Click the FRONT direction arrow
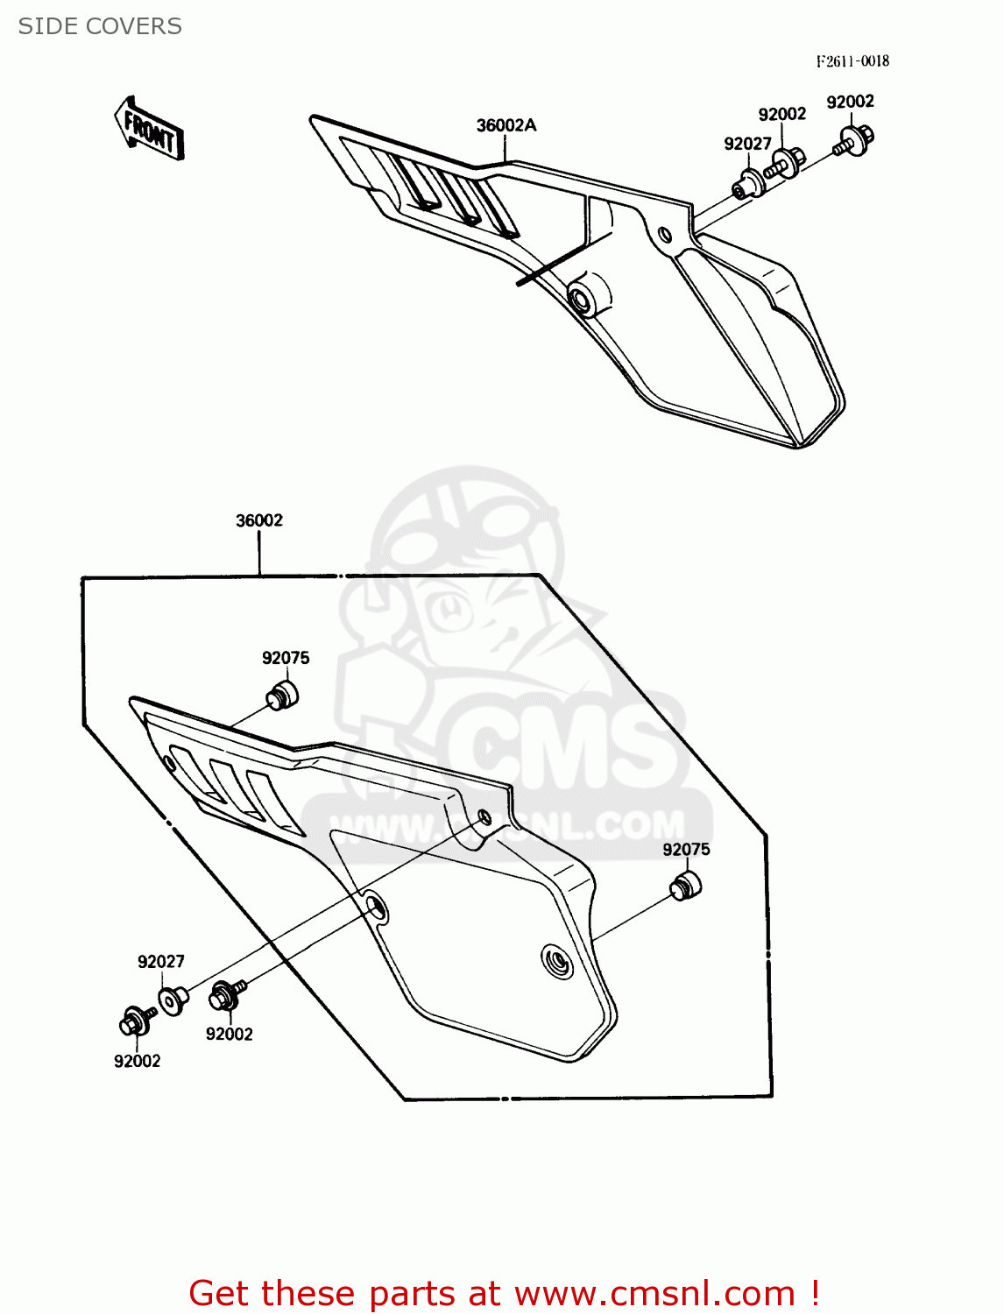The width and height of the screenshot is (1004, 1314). click(x=149, y=130)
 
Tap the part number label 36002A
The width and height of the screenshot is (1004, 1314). click(x=506, y=125)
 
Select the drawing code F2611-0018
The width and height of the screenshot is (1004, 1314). click(x=852, y=60)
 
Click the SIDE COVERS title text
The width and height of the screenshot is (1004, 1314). click(x=100, y=26)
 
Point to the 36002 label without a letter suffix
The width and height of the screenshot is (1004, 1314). click(x=259, y=520)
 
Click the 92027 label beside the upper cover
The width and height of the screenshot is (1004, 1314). click(x=747, y=144)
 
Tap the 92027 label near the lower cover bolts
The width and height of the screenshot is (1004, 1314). click(x=161, y=962)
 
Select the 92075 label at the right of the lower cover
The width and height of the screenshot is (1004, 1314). click(x=686, y=850)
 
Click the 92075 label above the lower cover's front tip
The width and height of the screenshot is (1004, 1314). click(x=286, y=658)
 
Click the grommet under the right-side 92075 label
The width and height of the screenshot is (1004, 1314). click(x=686, y=886)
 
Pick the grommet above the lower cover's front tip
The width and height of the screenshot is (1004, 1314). click(x=282, y=695)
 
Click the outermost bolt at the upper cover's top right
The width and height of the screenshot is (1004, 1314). click(x=854, y=140)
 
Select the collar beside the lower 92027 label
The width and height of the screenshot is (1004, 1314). click(x=173, y=999)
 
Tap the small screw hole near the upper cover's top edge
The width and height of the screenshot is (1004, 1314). click(x=665, y=234)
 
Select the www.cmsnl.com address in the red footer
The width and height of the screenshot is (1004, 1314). click(x=654, y=1294)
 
